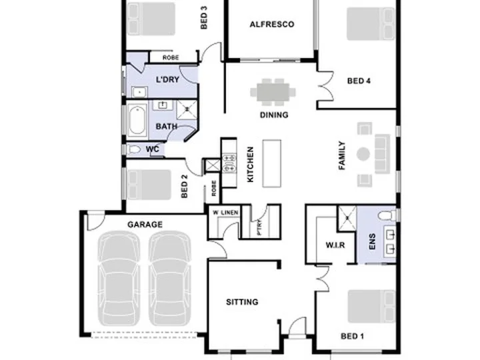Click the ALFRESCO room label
(272, 25)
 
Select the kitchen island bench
(272, 163)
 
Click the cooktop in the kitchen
(229, 163)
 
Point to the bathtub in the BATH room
(137, 120)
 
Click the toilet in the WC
(134, 149)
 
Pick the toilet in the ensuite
(387, 215)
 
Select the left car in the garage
(119, 278)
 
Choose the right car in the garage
(170, 278)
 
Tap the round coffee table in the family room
(363, 154)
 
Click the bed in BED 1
(371, 306)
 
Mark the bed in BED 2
(149, 185)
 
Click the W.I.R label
(335, 245)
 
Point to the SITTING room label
(242, 302)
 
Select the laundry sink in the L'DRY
(139, 92)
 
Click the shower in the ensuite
(347, 218)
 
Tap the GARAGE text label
(145, 225)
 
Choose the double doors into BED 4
(326, 86)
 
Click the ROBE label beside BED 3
(171, 57)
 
